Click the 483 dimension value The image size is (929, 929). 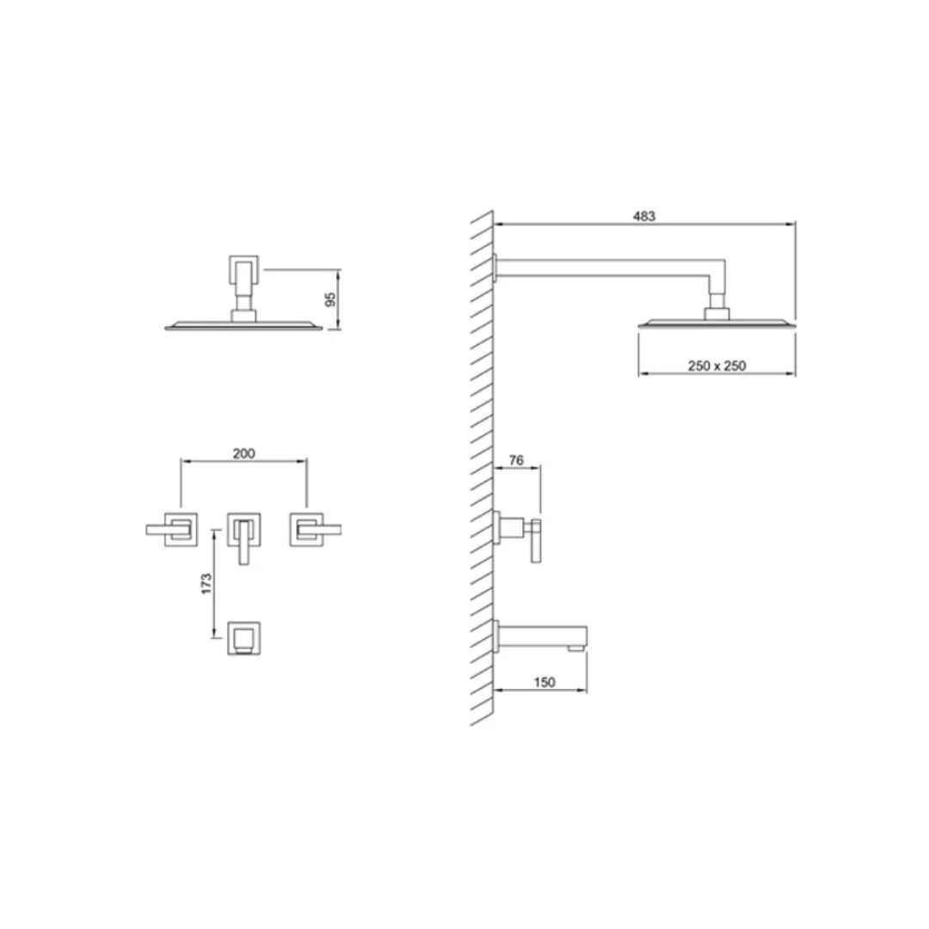click(644, 216)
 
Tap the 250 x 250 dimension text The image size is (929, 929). click(717, 366)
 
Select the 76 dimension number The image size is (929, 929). click(516, 459)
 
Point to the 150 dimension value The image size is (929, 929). click(544, 682)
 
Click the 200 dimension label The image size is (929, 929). click(243, 453)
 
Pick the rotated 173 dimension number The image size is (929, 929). click(206, 583)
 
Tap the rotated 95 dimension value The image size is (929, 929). click(331, 299)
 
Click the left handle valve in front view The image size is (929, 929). click(172, 529)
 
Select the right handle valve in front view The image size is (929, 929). click(315, 529)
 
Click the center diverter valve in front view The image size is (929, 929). click(243, 536)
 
